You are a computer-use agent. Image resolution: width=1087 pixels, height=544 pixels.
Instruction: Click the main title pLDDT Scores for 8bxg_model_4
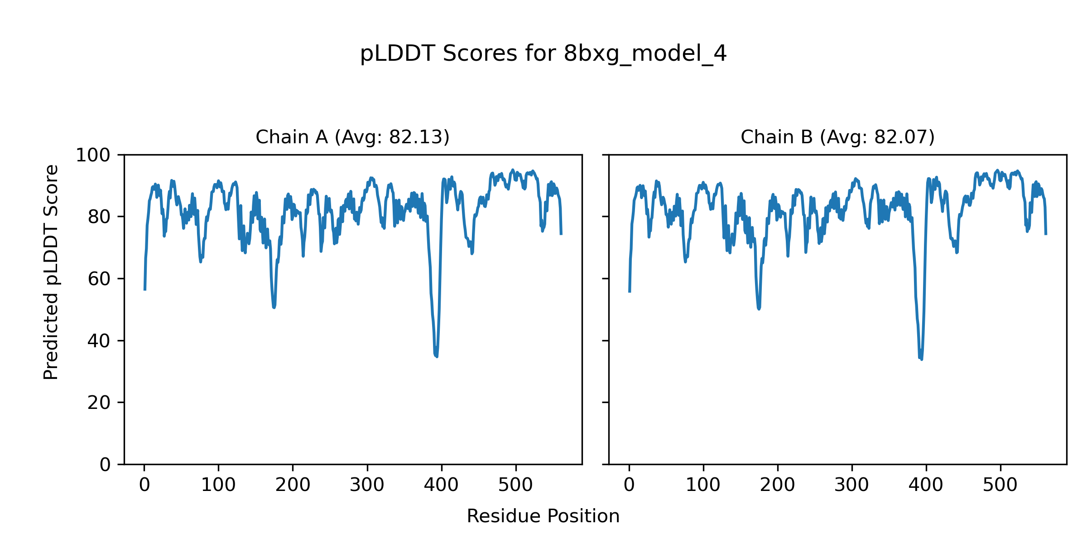[543, 54]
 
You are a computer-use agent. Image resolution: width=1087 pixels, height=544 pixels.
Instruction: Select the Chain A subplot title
[352, 137]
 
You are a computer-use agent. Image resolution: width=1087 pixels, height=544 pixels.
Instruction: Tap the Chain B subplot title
[837, 137]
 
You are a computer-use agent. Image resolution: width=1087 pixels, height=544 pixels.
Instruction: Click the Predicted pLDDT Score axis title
[51, 272]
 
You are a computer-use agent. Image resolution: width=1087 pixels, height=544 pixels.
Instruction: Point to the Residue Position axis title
[543, 516]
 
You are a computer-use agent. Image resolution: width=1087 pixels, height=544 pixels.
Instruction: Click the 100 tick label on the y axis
[93, 155]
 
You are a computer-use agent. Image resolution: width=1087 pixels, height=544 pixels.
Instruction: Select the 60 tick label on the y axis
[99, 279]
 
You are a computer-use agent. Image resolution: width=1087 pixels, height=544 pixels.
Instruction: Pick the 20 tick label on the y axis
[99, 403]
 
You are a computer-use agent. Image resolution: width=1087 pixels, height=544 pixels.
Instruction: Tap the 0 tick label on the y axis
[105, 465]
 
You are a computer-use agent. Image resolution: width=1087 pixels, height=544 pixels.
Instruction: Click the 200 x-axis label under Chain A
[293, 486]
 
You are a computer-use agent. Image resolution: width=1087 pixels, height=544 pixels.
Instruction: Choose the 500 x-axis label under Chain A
[515, 486]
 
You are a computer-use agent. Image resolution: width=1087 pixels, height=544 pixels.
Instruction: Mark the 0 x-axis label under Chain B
[629, 486]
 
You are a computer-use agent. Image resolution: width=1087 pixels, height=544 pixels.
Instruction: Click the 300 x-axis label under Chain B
[851, 486]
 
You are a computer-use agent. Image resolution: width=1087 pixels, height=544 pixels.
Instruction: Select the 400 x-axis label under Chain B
[926, 486]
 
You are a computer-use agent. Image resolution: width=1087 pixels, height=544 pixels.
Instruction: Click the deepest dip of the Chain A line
[437, 356]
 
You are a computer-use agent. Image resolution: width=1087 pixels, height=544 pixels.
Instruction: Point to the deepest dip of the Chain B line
[922, 359]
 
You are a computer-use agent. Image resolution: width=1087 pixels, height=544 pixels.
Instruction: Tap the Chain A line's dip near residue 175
[274, 307]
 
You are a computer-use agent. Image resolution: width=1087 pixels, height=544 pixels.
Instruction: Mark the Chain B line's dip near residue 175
[759, 309]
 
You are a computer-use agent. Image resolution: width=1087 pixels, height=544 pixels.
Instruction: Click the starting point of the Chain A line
[145, 290]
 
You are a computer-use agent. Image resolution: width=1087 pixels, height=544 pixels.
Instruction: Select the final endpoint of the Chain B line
[1046, 234]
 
